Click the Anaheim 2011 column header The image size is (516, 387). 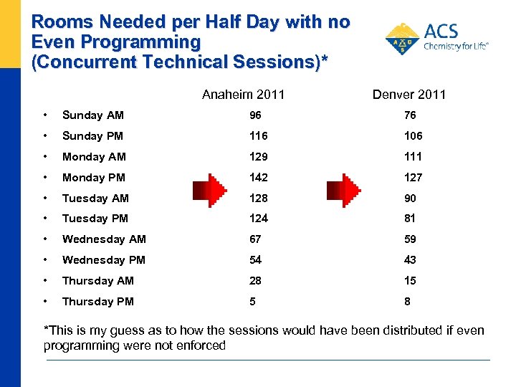pos(243,95)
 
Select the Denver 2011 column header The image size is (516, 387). pos(409,95)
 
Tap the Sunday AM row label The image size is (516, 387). pos(93,115)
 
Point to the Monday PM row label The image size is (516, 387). pos(94,178)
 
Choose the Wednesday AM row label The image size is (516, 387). pos(104,239)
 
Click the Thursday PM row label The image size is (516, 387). pos(98,302)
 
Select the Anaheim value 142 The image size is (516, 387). pos(259,178)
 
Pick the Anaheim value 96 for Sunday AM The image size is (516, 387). pos(256,115)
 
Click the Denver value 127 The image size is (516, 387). pos(414,178)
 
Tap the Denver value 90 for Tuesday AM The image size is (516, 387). pos(410,199)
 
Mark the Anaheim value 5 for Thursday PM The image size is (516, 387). pos(252,302)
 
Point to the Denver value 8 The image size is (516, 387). pos(407,302)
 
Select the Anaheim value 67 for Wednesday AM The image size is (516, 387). pos(256,239)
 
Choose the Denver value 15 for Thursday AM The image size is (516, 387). pos(410,281)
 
